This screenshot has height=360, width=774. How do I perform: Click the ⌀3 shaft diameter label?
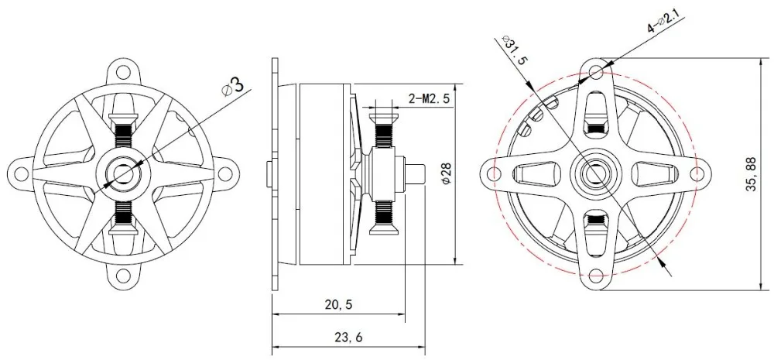[x=233, y=87]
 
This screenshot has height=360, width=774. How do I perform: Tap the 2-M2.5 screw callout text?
[x=429, y=99]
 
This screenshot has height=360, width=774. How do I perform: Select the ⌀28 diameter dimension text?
[x=446, y=174]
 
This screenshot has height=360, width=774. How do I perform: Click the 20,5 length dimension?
[x=339, y=305]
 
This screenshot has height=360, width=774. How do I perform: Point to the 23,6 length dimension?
[x=348, y=338]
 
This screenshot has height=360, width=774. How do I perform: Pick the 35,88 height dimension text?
[x=752, y=174]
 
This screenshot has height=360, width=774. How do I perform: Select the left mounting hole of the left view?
[x=21, y=173]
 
